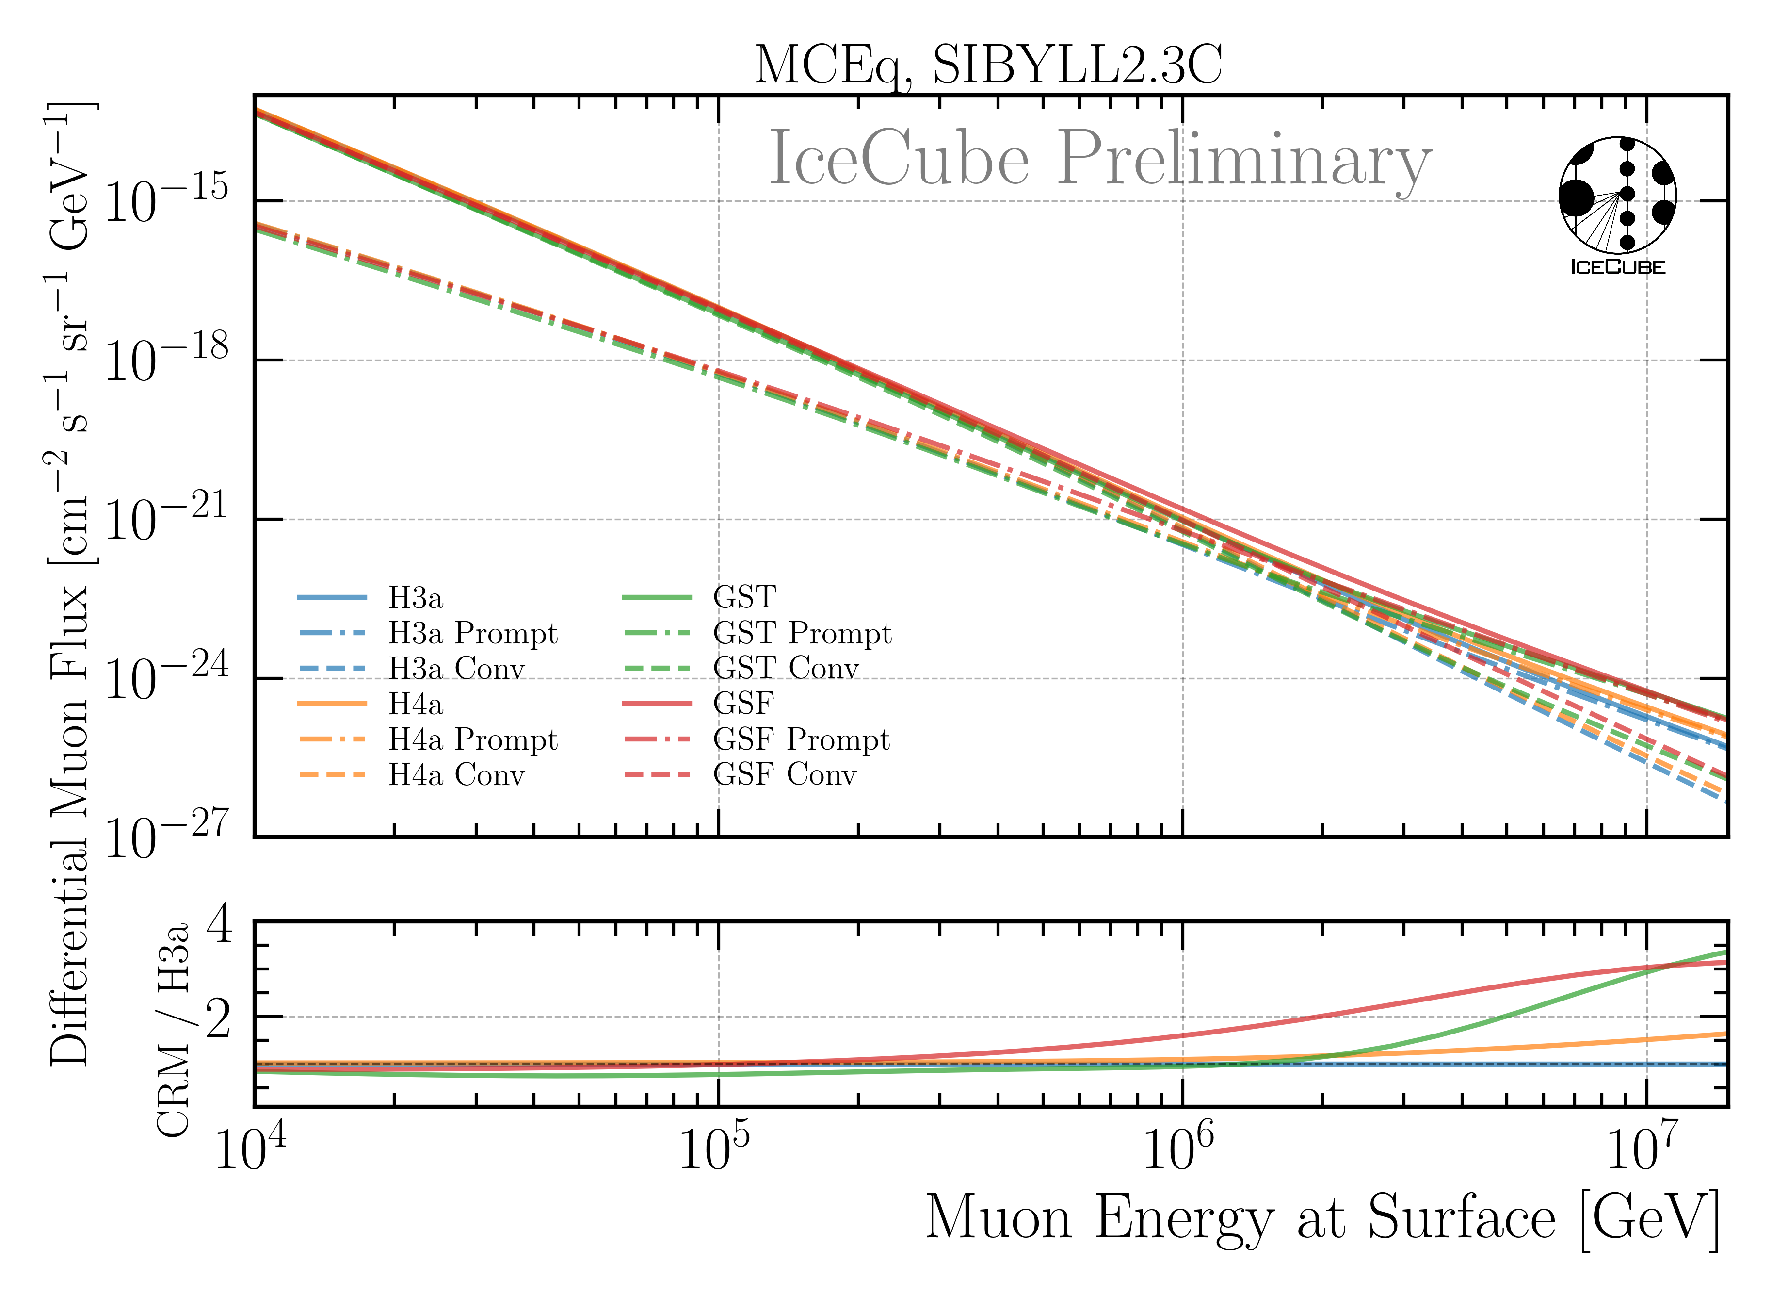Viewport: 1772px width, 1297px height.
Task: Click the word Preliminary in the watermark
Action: (x=1244, y=160)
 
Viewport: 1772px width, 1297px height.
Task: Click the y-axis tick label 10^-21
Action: (x=165, y=518)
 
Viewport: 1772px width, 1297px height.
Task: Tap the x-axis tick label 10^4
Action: (x=250, y=1148)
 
